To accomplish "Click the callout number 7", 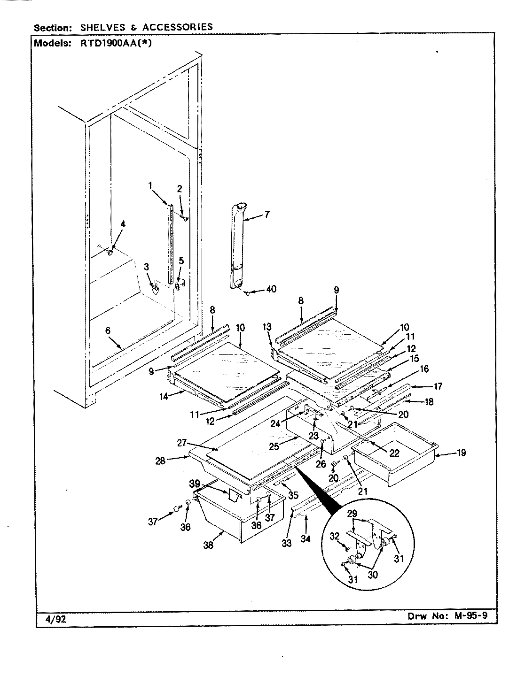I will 267,215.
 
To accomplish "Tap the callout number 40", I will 271,290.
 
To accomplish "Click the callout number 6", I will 108,331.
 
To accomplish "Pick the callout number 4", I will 123,224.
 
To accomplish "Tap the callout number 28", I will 160,461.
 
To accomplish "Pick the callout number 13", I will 267,327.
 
